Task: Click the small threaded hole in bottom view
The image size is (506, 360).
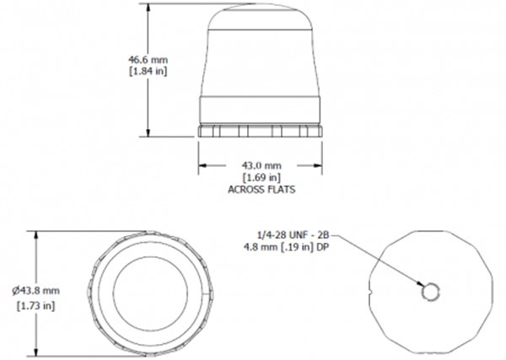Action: click(x=430, y=291)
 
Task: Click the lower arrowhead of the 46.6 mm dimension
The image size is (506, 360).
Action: click(x=149, y=134)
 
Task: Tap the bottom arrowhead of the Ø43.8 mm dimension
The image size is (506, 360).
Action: click(x=36, y=349)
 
